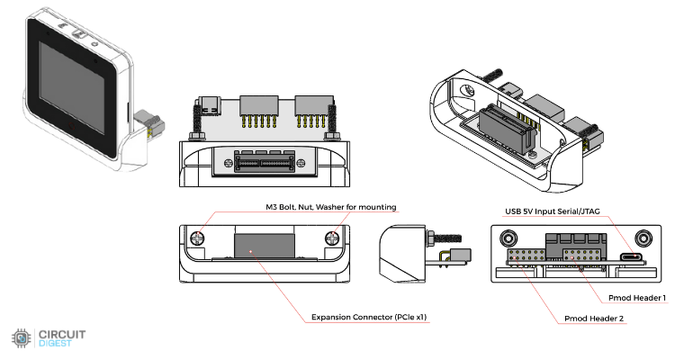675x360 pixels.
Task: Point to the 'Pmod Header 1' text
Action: [635, 297]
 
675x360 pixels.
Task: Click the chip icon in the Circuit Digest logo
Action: [21, 339]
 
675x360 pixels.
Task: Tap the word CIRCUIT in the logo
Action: [60, 335]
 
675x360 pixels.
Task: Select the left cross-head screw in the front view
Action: [198, 239]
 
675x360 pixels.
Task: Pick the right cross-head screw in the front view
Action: [334, 239]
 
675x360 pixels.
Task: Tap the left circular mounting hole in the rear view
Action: [509, 238]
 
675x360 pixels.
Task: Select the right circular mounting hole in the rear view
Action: [643, 238]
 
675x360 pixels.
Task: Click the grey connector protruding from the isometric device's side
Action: [151, 127]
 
